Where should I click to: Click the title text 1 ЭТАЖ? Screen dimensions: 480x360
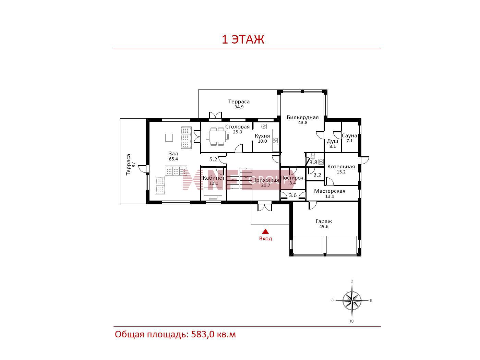click(243, 39)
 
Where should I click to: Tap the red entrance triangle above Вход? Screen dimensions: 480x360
click(265, 231)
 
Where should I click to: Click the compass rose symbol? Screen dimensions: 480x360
click(352, 301)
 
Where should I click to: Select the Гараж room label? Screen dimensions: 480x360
click(324, 221)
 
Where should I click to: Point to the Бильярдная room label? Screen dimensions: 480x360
click(303, 117)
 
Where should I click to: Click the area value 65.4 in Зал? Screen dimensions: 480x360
click(173, 159)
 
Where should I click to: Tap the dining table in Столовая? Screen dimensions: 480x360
click(217, 136)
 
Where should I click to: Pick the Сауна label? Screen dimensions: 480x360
click(349, 135)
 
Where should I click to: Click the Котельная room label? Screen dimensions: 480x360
click(341, 167)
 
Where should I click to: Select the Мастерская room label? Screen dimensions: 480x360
click(329, 191)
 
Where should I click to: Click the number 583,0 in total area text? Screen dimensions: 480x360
click(203, 334)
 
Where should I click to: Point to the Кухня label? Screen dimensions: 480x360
click(262, 136)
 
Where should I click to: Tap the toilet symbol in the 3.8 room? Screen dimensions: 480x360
click(313, 156)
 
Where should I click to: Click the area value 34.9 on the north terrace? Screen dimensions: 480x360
click(239, 107)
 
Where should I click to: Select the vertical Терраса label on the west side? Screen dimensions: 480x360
click(128, 164)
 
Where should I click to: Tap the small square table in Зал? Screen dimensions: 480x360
click(169, 138)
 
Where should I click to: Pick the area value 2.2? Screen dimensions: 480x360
click(317, 175)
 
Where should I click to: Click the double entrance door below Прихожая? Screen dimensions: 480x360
click(265, 207)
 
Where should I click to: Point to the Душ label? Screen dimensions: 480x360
click(332, 141)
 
